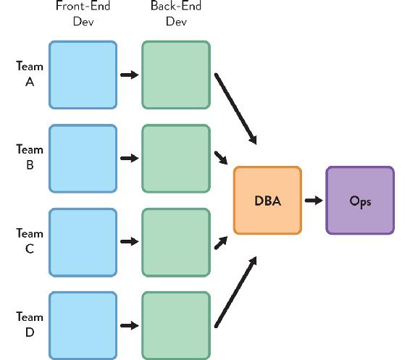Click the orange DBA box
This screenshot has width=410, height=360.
pos(267,200)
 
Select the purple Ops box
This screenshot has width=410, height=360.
pos(360,200)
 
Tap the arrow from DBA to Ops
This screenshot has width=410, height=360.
pos(314,201)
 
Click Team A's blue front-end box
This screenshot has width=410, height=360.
pos(83,75)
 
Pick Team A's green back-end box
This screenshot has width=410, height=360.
pos(176,75)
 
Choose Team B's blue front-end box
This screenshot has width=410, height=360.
pos(83,159)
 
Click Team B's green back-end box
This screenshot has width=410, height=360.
pos(176,159)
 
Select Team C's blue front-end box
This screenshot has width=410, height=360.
pos(83,243)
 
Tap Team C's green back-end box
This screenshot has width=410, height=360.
pos(176,243)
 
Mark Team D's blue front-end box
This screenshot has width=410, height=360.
pos(83,326)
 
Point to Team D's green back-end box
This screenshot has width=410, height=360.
pos(176,326)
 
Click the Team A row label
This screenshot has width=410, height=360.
pos(30,74)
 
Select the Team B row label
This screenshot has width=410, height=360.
pos(30,157)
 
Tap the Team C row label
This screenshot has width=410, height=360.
pos(30,240)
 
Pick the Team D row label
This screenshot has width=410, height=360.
pos(30,325)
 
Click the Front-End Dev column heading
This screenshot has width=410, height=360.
pos(83,13)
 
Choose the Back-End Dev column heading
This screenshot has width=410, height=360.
pos(176,13)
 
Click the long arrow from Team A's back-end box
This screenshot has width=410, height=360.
pos(235,109)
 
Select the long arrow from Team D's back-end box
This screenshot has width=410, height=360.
pos(235,292)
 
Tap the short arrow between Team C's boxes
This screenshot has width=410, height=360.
pos(130,241)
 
